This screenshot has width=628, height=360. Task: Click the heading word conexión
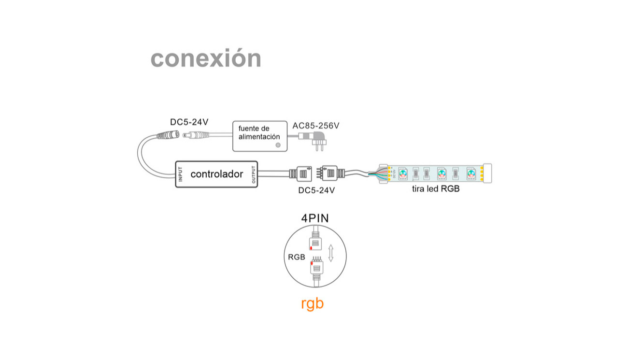(206, 58)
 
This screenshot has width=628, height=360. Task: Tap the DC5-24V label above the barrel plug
(189, 122)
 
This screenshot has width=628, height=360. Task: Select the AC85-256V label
(316, 126)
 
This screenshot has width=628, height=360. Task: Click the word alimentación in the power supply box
(259, 137)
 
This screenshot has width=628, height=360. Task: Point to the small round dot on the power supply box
(277, 144)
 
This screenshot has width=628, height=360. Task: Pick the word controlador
(217, 174)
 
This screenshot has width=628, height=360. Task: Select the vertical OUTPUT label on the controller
(254, 174)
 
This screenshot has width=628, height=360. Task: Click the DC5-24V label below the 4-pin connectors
(316, 190)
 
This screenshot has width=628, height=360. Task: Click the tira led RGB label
(436, 189)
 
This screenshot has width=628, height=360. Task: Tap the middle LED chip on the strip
(441, 173)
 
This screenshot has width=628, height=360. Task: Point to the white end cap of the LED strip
(487, 173)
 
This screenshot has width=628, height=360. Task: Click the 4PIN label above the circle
(315, 218)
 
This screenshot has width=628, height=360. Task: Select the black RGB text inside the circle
(297, 257)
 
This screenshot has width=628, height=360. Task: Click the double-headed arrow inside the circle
(331, 253)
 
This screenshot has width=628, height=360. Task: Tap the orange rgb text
(312, 303)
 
